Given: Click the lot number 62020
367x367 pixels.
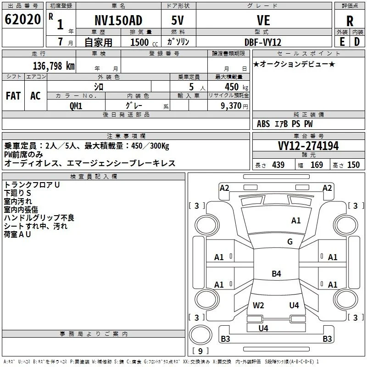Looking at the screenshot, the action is tap(22, 19).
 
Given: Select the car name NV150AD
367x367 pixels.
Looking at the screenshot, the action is tap(118, 20).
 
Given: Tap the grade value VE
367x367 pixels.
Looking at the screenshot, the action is tap(263, 20).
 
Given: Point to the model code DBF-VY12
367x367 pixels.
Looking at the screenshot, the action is tap(263, 42).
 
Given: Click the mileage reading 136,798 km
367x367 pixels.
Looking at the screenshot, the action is tap(54, 66).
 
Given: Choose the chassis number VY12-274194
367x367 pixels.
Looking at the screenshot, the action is tap(308, 146).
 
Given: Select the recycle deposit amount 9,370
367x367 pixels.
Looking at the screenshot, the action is tap(231, 106).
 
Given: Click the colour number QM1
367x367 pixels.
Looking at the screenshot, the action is tap(76, 106).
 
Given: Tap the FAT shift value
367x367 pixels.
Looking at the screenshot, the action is tap(13, 96).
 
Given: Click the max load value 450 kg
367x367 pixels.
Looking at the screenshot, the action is tap(236, 87).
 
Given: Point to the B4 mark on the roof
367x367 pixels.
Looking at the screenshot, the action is tap(277, 273).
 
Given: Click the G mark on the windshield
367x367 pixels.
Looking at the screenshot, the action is tap(290, 241).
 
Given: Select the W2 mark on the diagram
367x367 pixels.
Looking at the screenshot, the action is tap(258, 305).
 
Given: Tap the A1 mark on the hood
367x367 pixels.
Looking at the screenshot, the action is tap(296, 221).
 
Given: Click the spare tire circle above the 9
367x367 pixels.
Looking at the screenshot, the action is tap(200, 335).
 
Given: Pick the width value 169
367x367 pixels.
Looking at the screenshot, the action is tap(317, 165).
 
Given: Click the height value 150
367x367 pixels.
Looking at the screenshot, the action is tap(353, 165).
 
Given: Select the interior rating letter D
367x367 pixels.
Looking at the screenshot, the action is tap(357, 42).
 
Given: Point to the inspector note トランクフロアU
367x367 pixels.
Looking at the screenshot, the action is tap(32, 185).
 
